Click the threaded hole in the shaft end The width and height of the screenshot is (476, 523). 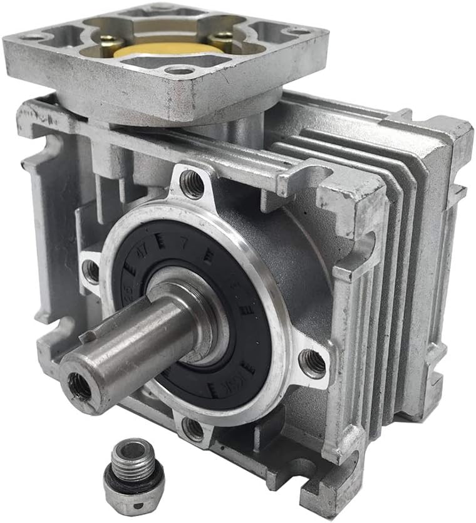click(x=80, y=386)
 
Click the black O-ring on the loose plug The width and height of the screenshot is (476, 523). click(x=133, y=480)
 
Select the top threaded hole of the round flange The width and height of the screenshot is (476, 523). click(x=192, y=184)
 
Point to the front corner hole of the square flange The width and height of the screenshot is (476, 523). click(x=179, y=70)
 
